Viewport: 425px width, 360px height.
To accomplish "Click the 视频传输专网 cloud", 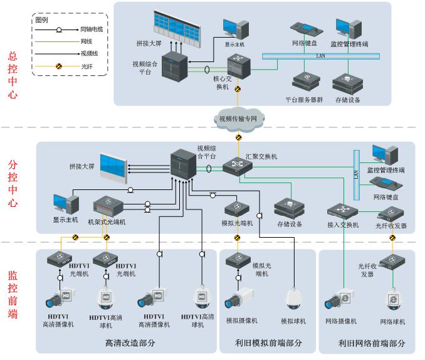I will tap(239, 117).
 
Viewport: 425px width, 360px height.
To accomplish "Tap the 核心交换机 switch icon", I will tap(239, 65).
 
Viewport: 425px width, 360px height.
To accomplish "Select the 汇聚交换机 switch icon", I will tap(238, 166).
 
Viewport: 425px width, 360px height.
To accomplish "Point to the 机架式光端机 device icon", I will tap(110, 206).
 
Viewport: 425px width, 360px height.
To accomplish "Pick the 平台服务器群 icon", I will tap(305, 82).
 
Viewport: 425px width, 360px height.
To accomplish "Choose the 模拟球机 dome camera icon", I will tap(293, 300).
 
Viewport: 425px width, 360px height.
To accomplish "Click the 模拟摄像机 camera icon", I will tap(241, 300).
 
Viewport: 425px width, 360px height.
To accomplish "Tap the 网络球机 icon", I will tap(392, 300).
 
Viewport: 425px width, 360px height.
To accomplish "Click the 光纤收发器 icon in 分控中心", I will tap(391, 213).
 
